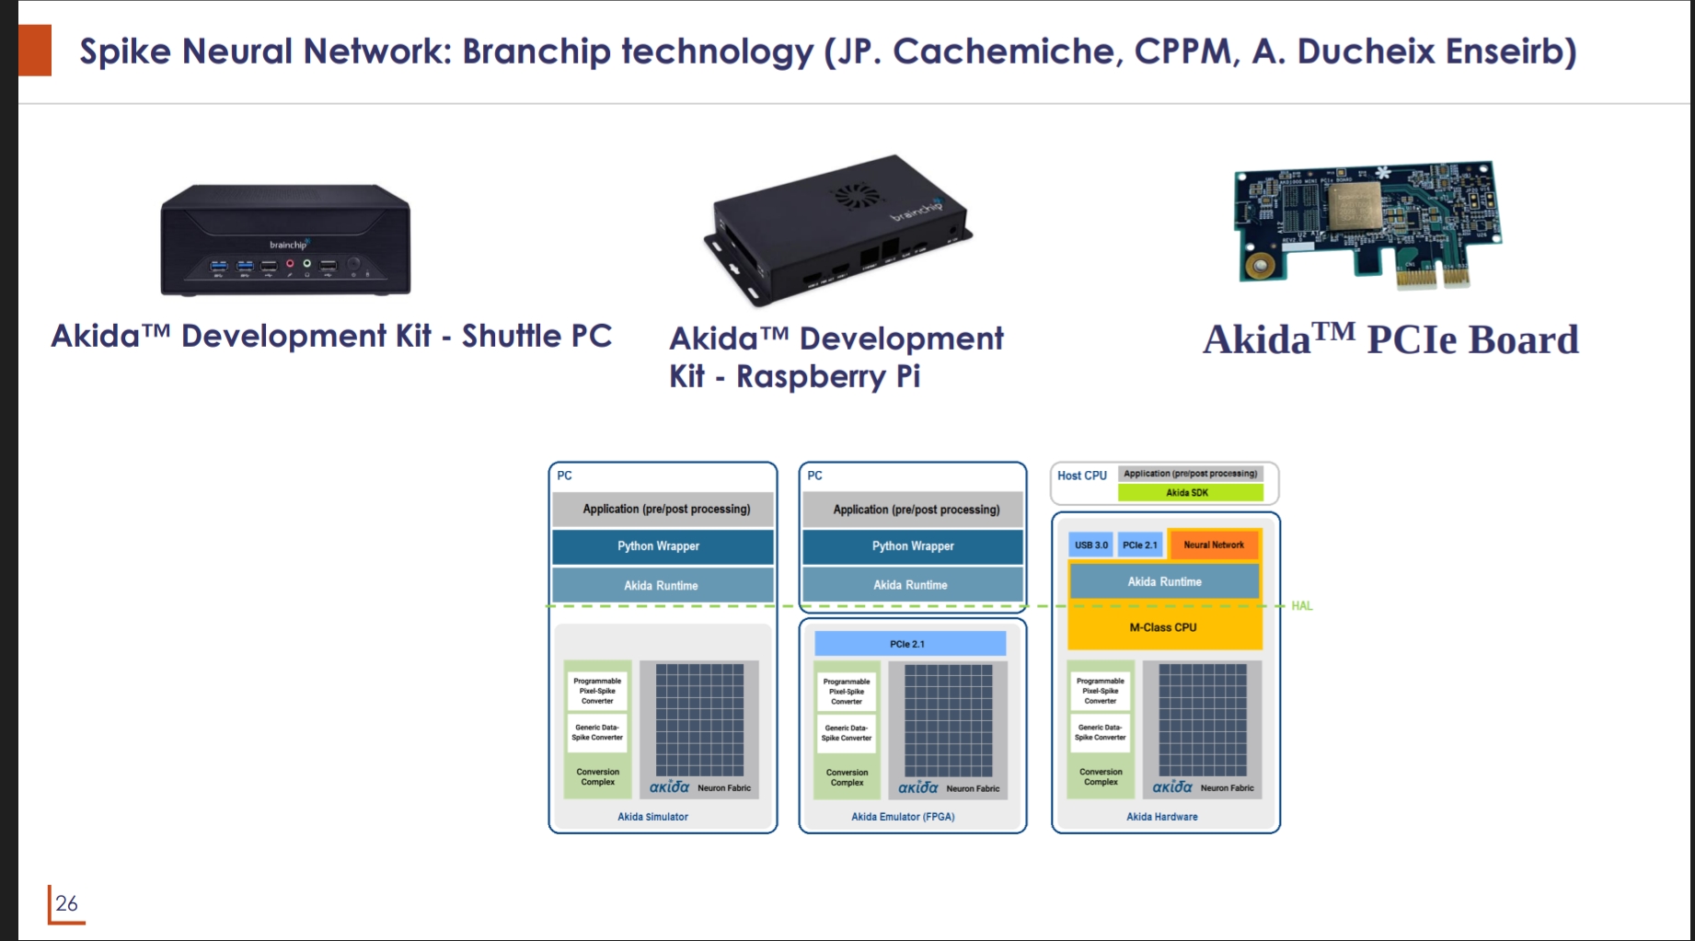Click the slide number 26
pos(66,903)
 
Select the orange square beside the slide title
pos(35,51)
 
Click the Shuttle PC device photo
pos(285,239)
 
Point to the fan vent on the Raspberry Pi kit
pos(855,196)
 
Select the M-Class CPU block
pos(1163,627)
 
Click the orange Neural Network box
pos(1214,545)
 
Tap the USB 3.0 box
pos(1091,545)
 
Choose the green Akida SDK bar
pos(1189,493)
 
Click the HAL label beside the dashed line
pos(1301,606)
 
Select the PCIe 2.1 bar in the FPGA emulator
pos(908,644)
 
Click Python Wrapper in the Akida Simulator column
pos(659,546)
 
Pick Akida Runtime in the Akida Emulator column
pos(911,585)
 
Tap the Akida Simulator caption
pos(652,817)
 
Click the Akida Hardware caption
pos(1162,817)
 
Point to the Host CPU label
pos(1082,476)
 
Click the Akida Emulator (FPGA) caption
pos(903,817)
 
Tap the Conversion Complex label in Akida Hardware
pos(1101,777)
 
